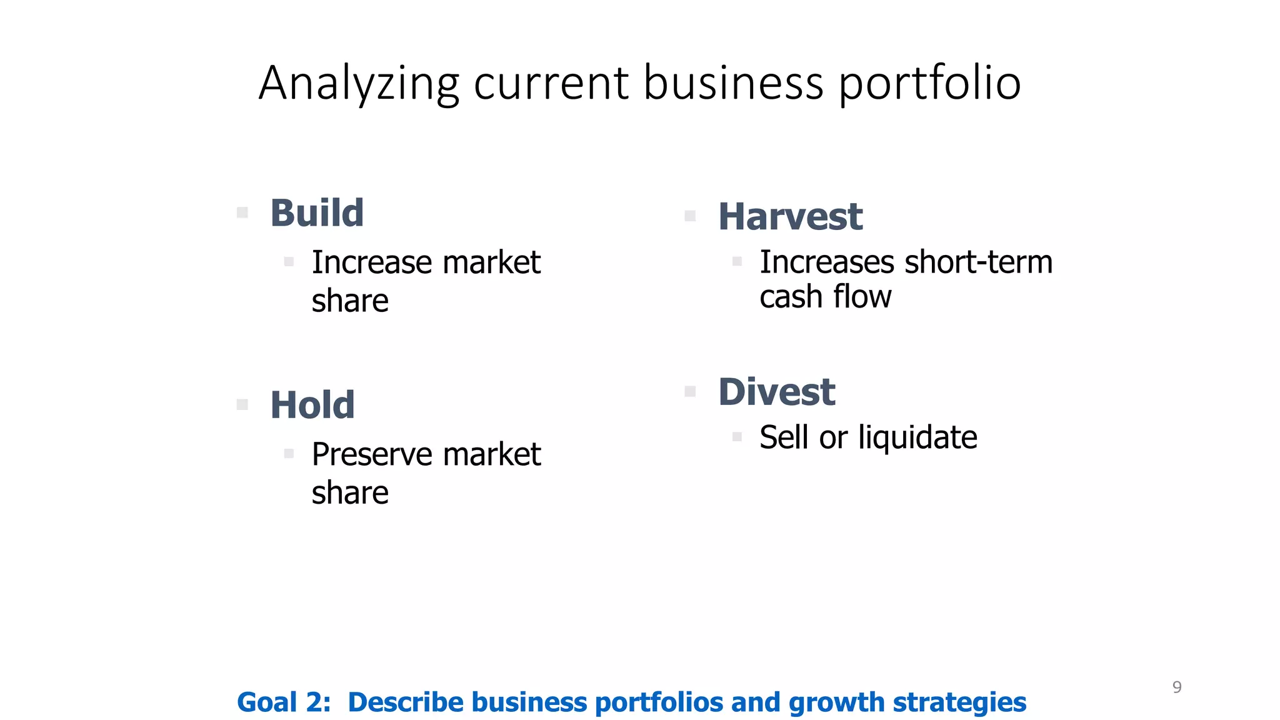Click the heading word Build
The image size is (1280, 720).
(317, 213)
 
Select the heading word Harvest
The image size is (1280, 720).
(790, 217)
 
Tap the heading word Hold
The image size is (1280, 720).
(312, 405)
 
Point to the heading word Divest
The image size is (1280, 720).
(776, 392)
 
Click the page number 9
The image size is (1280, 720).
(1177, 687)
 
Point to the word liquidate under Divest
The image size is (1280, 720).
(917, 437)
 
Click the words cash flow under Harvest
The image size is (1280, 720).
(825, 296)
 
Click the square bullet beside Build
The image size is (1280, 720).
(242, 213)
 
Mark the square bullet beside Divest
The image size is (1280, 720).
(690, 392)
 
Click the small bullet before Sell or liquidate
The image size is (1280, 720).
(737, 437)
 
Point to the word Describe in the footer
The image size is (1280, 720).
(405, 702)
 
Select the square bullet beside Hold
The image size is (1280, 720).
(242, 405)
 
